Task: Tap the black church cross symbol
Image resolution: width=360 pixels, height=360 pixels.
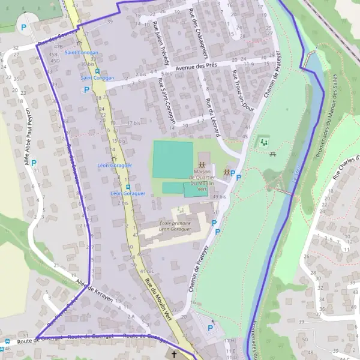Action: pyautogui.click(x=174, y=355)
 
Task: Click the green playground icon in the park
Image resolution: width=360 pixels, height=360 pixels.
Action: pyautogui.click(x=262, y=143)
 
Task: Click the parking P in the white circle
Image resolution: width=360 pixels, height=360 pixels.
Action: pyautogui.click(x=24, y=27)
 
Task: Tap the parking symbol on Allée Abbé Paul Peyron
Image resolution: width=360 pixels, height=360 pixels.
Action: pyautogui.click(x=34, y=163)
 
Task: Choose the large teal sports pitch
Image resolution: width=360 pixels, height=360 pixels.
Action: pyautogui.click(x=173, y=159)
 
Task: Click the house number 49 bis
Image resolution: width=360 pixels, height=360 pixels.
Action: pyautogui.click(x=220, y=196)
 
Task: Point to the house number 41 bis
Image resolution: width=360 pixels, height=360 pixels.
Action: pyautogui.click(x=146, y=271)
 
